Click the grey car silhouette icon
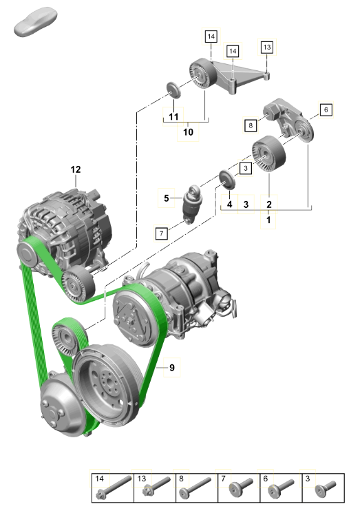point(35,21)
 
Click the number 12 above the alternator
point(76,169)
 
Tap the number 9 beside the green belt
point(172,368)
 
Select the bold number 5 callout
point(166,198)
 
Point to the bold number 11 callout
point(173,116)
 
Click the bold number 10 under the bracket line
point(189,132)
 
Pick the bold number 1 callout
point(268,220)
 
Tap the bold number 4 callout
point(230,205)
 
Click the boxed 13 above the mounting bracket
point(267,48)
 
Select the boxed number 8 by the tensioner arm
point(251,125)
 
